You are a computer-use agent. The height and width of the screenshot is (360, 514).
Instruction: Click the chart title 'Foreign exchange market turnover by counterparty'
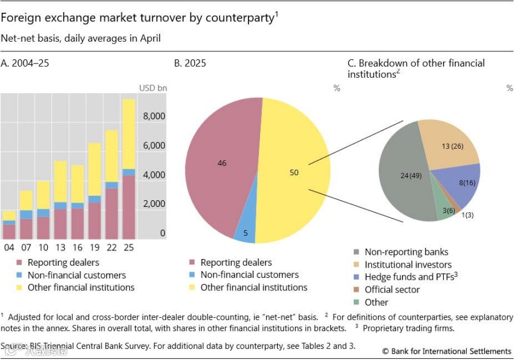tap(138, 18)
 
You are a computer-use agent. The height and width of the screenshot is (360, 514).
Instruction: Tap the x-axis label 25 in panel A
tap(128, 247)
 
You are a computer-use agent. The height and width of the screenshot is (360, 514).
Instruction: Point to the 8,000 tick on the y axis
tap(154, 116)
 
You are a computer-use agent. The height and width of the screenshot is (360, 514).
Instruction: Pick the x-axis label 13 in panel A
tap(60, 247)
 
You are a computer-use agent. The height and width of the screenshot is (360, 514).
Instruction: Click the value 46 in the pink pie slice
tap(222, 163)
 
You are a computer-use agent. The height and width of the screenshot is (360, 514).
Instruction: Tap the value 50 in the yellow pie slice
tap(294, 173)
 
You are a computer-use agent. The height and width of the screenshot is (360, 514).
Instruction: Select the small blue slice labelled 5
tap(245, 233)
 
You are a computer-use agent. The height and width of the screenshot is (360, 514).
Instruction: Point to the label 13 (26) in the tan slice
tap(452, 146)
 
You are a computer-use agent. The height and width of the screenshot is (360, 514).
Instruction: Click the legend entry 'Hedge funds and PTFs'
tap(411, 277)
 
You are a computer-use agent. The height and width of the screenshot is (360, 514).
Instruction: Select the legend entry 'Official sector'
tap(392, 290)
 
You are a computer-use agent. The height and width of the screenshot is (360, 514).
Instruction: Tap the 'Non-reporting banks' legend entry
tap(406, 252)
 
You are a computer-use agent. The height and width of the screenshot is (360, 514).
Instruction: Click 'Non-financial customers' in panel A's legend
tap(76, 276)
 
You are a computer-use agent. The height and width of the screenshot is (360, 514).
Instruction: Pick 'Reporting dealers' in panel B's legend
tap(236, 263)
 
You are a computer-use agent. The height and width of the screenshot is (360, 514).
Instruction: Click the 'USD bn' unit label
tap(152, 88)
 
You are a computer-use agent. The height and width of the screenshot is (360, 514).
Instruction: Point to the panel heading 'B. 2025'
tap(190, 63)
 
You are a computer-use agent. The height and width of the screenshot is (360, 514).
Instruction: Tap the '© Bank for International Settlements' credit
tap(446, 351)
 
